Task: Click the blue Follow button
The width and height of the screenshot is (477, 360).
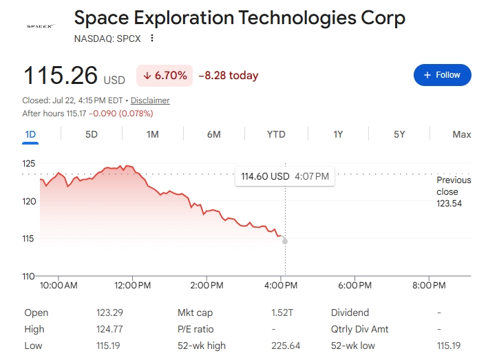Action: (x=443, y=75)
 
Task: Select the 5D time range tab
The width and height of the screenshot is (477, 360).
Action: (x=92, y=134)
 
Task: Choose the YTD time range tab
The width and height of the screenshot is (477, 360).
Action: (x=276, y=134)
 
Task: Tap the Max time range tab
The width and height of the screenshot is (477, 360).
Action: (x=461, y=134)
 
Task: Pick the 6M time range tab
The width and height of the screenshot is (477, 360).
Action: (x=214, y=134)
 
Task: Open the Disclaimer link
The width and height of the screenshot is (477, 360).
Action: (x=150, y=100)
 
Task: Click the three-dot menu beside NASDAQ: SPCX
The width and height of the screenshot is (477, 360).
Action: (x=152, y=39)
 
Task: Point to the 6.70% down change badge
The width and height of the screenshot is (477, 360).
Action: (x=165, y=76)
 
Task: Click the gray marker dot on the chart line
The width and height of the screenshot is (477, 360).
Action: (x=285, y=242)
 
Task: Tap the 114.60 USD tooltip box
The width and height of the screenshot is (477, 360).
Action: (x=285, y=176)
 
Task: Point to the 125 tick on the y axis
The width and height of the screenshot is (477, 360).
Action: (x=29, y=163)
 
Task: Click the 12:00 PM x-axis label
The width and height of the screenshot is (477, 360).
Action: (x=132, y=286)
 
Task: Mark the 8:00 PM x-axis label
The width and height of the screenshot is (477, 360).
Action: (x=429, y=286)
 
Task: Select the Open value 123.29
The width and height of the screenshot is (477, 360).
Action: (x=110, y=313)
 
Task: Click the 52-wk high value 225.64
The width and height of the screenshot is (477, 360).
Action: (x=286, y=346)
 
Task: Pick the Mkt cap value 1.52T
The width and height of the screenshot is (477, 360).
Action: (x=282, y=313)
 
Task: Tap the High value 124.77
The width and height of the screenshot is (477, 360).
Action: (x=109, y=329)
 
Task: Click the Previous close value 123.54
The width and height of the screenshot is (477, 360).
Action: (x=449, y=203)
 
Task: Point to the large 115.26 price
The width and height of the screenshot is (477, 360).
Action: (x=61, y=75)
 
